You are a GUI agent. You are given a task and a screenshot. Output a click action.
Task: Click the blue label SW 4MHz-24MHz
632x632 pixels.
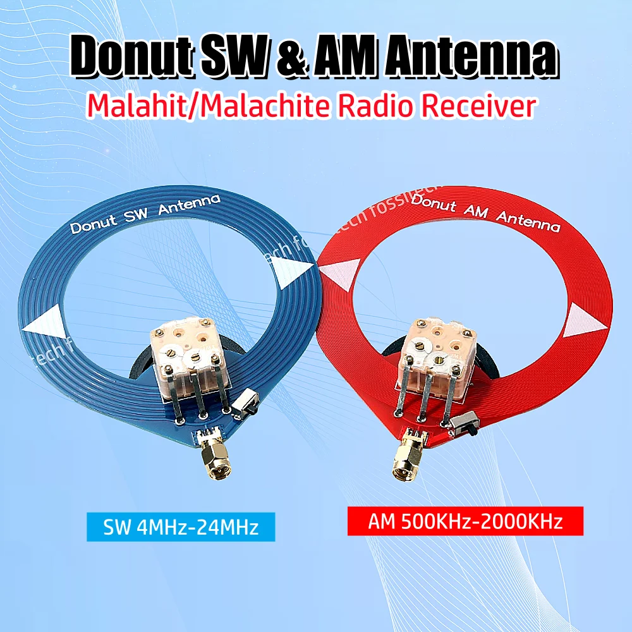coord(181,527)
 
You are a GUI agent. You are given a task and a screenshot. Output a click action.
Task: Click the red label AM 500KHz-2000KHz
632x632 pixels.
coord(465,522)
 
